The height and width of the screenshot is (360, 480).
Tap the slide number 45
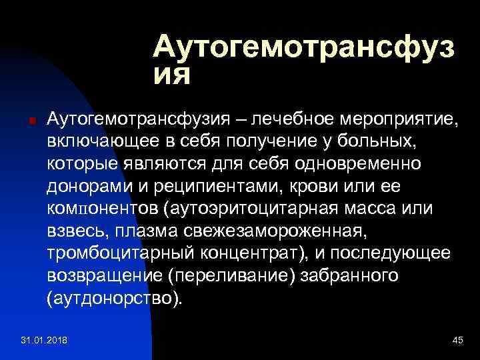click(x=457, y=341)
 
